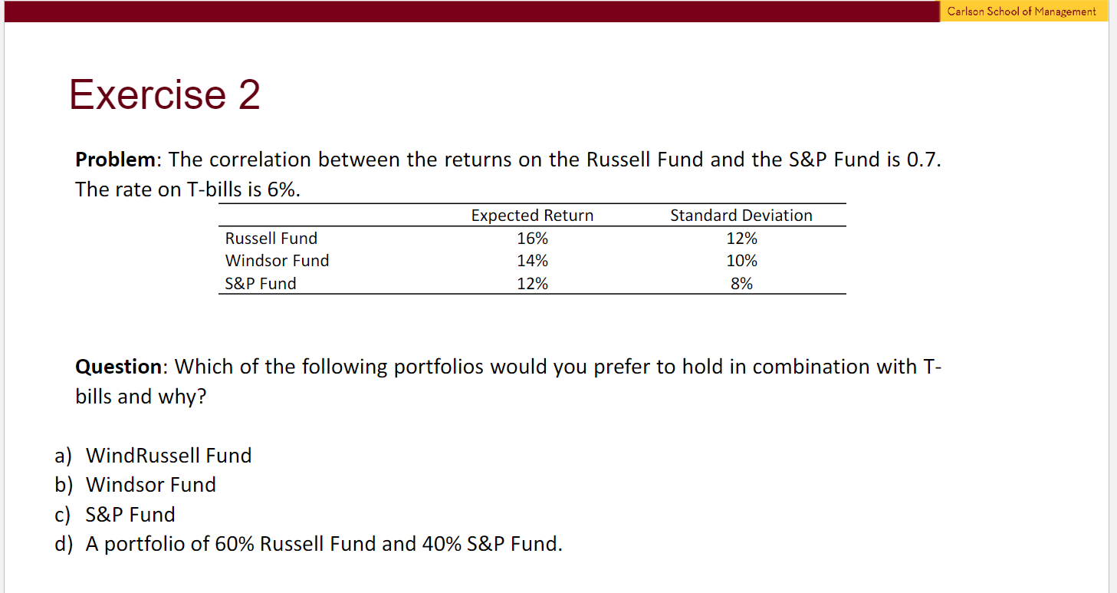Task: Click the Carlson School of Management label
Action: pyautogui.click(x=1021, y=11)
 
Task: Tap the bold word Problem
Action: pyautogui.click(x=115, y=160)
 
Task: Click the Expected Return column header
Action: pyautogui.click(x=532, y=215)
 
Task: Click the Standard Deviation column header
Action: pyautogui.click(x=741, y=215)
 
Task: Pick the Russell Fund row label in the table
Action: pyautogui.click(x=271, y=238)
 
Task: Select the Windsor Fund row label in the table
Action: pyautogui.click(x=277, y=261)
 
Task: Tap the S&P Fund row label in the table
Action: pyautogui.click(x=261, y=284)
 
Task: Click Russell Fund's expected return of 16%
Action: pyautogui.click(x=532, y=238)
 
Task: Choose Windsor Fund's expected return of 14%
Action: pyautogui.click(x=532, y=261)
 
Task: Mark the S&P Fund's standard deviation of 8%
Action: pyautogui.click(x=741, y=284)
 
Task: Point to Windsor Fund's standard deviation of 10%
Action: pyautogui.click(x=741, y=261)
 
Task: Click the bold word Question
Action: pyautogui.click(x=118, y=367)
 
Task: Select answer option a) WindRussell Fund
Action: pyautogui.click(x=153, y=456)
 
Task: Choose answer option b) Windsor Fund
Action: pyautogui.click(x=135, y=485)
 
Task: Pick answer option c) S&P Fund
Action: pyautogui.click(x=115, y=515)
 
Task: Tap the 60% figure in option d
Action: pyautogui.click(x=235, y=544)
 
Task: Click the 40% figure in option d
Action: pyautogui.click(x=442, y=544)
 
